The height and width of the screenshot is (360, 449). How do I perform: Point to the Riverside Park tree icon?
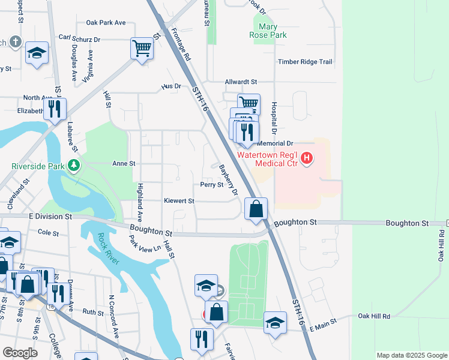pos(74,165)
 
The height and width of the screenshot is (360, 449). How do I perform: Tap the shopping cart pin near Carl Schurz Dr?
pos(142,48)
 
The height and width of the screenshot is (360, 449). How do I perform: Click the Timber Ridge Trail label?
pos(304,62)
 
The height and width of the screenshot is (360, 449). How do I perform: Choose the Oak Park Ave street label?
pos(106,22)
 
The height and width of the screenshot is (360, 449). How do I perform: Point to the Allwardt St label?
pos(240,82)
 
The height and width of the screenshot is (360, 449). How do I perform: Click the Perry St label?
pos(212,185)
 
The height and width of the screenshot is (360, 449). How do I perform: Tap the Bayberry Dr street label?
pos(229,179)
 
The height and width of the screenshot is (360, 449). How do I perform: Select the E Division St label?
pos(50,216)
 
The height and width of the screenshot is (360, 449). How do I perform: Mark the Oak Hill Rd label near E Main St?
pos(374,316)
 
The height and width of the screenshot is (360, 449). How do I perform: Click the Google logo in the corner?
pos(19,353)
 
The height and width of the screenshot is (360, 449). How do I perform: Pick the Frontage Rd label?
pos(181,45)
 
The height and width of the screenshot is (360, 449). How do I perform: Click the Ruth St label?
pos(93,312)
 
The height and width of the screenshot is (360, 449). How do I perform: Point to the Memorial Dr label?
pos(275,144)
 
